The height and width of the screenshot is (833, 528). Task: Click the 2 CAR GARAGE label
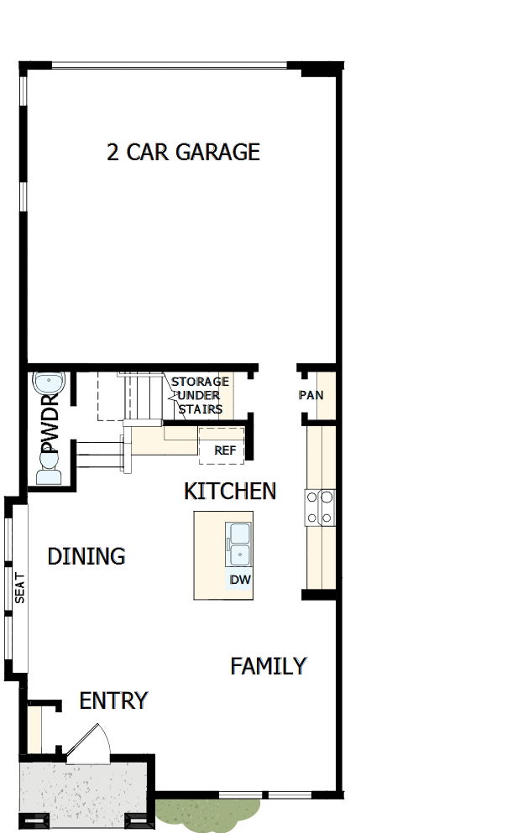[x=183, y=152]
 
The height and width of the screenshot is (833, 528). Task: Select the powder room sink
[x=48, y=383]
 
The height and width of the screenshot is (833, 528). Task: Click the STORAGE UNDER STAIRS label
[x=200, y=395]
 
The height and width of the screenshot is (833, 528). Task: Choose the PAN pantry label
[x=311, y=395]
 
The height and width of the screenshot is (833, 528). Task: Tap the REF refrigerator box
[x=223, y=449]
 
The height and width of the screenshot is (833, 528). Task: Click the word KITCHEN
[x=230, y=491]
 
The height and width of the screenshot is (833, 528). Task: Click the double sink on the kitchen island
[x=240, y=543]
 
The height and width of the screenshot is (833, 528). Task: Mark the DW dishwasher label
[x=240, y=580]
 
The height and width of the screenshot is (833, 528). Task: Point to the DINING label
[x=86, y=556]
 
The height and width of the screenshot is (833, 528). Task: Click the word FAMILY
[x=268, y=666]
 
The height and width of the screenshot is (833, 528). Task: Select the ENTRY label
[x=113, y=700]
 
